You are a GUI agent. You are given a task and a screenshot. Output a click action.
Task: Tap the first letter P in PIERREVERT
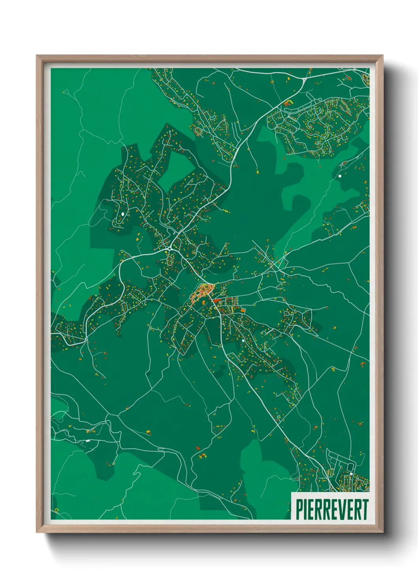[x=299, y=509]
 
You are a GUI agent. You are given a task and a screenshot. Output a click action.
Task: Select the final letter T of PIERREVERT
[x=365, y=509]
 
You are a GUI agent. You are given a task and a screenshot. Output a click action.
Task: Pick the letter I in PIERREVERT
[x=305, y=509]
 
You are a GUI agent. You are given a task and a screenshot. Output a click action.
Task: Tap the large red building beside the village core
[x=217, y=301]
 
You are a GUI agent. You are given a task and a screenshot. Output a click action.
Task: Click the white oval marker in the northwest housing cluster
[x=123, y=214]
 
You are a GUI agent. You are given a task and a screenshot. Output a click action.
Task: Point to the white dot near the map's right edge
[x=339, y=176]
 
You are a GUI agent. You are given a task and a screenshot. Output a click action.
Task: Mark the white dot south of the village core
[x=243, y=340]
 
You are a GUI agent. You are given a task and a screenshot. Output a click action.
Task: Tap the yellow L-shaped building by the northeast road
[x=288, y=103]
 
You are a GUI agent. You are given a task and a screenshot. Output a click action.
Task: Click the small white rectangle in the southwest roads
[x=88, y=440]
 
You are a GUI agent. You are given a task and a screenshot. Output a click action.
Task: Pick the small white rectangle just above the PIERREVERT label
[x=351, y=474]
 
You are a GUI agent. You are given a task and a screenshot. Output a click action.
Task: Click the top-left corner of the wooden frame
[x=37, y=56]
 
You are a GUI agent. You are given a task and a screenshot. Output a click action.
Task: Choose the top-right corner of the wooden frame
[x=382, y=56]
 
